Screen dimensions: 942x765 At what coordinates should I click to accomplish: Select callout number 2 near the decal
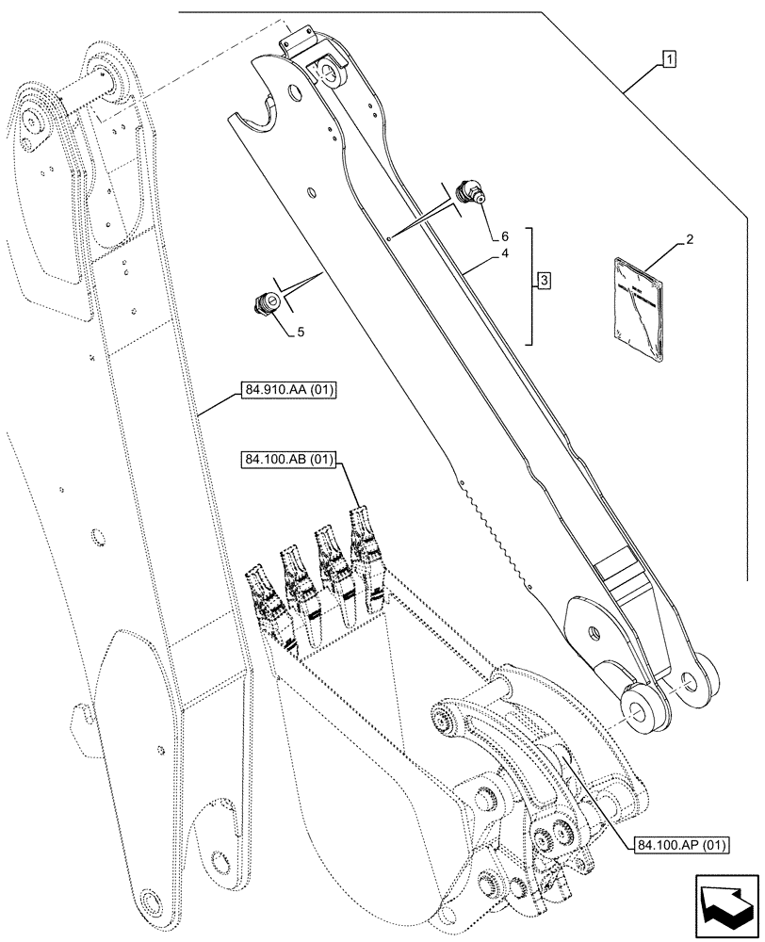tap(690, 241)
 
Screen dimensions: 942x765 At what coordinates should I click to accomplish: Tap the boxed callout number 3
tap(545, 280)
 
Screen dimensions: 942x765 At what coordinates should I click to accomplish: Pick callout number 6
tap(504, 235)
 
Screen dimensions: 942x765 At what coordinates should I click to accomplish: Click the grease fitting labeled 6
tap(468, 193)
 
